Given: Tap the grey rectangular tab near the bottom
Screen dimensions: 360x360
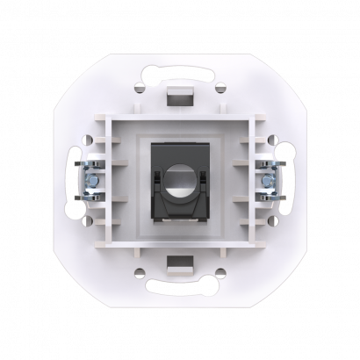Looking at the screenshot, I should coord(181,264).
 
